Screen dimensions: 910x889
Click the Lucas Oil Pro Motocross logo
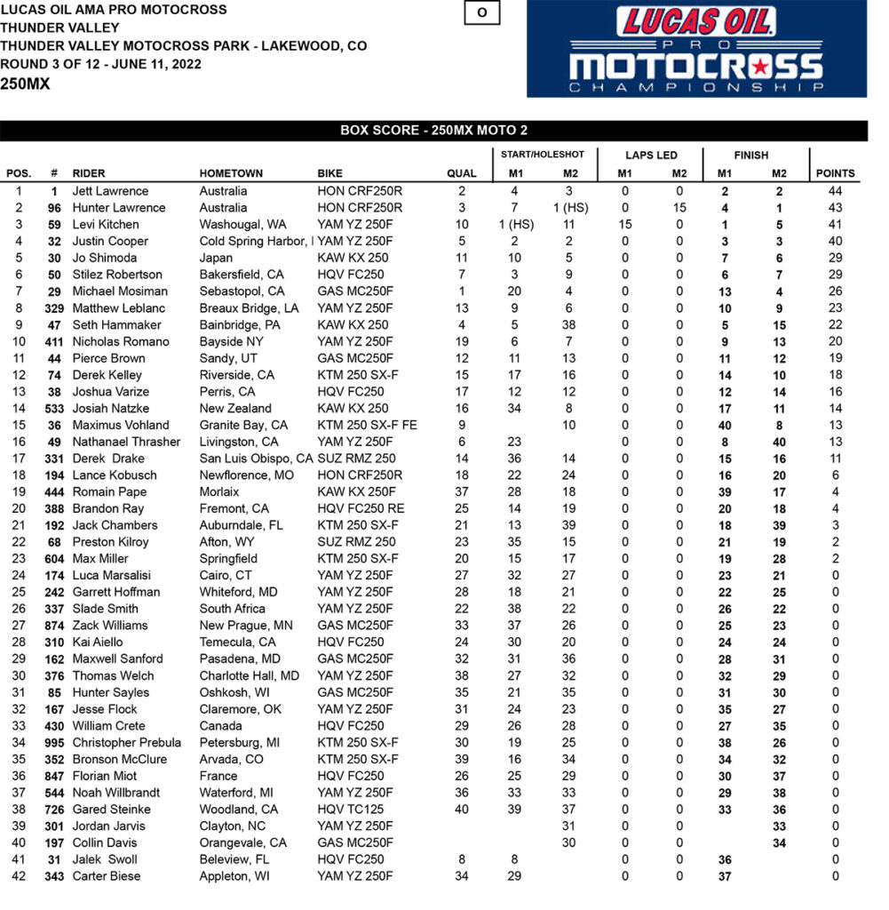pyautogui.click(x=696, y=49)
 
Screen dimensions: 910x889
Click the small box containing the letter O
pyautogui.click(x=481, y=13)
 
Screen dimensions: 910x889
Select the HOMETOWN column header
pyautogui.click(x=231, y=173)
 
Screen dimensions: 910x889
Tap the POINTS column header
pyautogui.click(x=835, y=173)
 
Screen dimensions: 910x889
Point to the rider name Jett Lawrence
pyautogui.click(x=110, y=191)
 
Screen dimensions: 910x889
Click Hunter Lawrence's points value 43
pyautogui.click(x=835, y=208)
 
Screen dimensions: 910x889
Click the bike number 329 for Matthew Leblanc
pyautogui.click(x=54, y=308)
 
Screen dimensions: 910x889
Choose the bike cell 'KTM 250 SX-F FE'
pyautogui.click(x=364, y=426)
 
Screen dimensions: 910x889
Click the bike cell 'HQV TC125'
pyautogui.click(x=351, y=810)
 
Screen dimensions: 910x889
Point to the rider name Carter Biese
pyautogui.click(x=107, y=877)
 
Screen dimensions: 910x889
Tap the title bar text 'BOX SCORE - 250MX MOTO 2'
pyautogui.click(x=433, y=131)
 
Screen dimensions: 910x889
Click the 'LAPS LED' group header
pyautogui.click(x=652, y=155)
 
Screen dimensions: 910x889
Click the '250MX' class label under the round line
pyautogui.click(x=25, y=84)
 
